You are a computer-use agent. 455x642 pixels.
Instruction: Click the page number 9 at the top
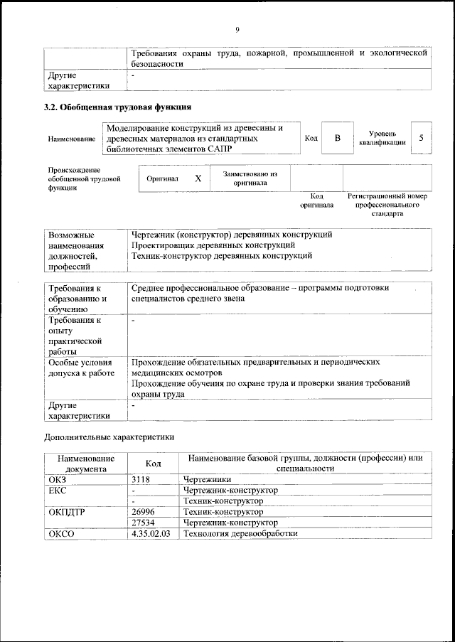point(237,29)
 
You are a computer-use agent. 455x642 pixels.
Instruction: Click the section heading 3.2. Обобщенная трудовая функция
point(117,108)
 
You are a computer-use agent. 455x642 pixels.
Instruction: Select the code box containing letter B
point(337,137)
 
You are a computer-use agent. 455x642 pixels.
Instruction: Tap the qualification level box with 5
point(422,137)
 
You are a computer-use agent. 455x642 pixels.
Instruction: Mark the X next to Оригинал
point(198,179)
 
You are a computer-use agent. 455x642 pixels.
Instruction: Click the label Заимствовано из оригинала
point(250,178)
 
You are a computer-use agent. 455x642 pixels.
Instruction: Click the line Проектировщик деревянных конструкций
point(213,245)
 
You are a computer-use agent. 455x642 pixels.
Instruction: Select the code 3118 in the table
point(142,480)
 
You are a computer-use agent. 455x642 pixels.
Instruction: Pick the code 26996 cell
point(144,512)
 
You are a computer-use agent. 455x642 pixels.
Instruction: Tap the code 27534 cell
point(144,523)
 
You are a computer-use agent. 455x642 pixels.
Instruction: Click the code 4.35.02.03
point(151,533)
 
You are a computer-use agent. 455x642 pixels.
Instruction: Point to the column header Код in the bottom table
point(153,464)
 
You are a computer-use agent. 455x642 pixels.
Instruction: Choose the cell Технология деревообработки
point(240,533)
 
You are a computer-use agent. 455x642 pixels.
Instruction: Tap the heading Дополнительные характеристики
point(109,436)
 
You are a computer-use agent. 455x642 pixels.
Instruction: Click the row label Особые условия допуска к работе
point(80,368)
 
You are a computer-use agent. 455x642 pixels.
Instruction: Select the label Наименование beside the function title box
point(71,139)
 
